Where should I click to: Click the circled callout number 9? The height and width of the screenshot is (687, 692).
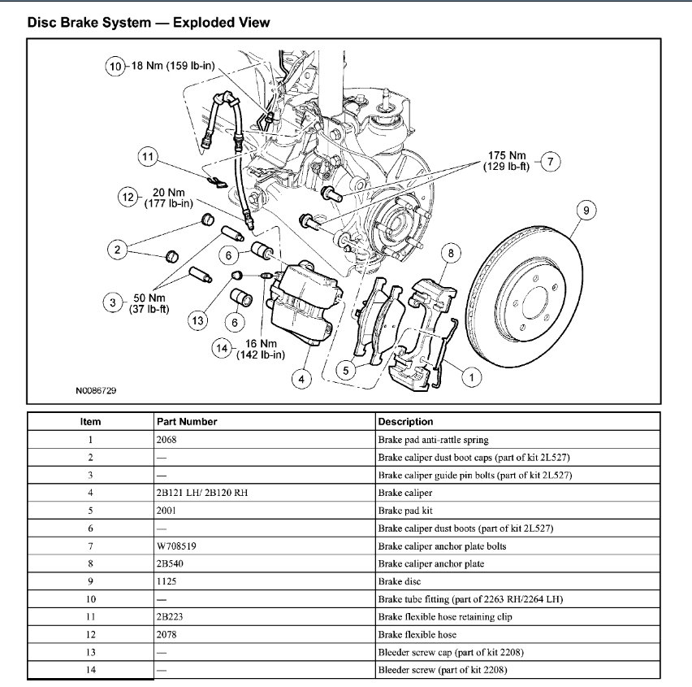pos(585,211)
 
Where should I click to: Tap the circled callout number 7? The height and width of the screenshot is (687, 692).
pos(550,161)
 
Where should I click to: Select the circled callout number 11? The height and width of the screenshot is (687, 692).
pos(147,158)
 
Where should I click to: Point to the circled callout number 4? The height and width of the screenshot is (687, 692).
pos(302,378)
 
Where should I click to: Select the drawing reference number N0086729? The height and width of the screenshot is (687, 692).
pos(97,391)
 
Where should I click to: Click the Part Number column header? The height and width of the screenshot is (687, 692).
pos(187,421)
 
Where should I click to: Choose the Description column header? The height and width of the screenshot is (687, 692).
pos(405,421)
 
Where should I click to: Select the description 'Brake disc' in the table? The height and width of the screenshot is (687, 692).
pos(399,582)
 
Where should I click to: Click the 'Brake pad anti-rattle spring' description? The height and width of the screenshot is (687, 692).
pos(433,440)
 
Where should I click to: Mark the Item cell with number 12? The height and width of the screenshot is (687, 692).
pos(90,635)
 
